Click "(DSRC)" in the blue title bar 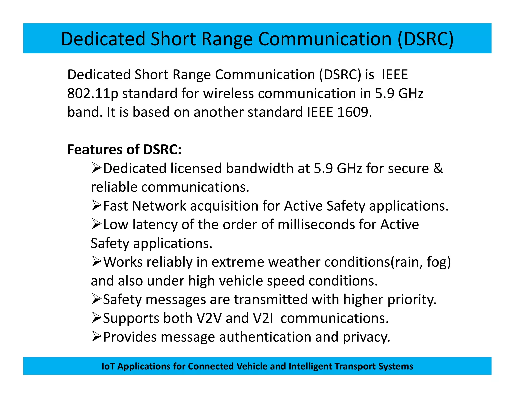(425, 39)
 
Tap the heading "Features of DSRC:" (124, 149)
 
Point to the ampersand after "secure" (438, 168)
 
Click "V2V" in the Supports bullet (209, 318)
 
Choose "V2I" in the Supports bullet (263, 318)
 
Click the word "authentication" (265, 337)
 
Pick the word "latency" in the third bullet (155, 224)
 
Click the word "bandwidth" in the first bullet (260, 168)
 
